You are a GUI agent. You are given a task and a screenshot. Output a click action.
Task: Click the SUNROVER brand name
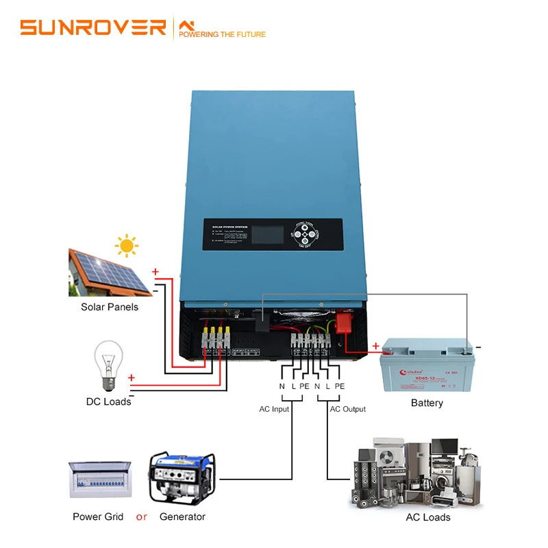click(93, 27)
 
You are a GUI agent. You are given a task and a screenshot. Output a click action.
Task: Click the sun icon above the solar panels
click(126, 245)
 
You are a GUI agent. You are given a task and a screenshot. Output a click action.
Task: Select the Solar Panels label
click(110, 307)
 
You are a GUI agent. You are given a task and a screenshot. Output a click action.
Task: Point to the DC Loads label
click(108, 401)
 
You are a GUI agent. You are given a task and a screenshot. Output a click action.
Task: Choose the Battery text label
click(427, 403)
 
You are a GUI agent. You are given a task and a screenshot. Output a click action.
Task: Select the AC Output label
click(348, 409)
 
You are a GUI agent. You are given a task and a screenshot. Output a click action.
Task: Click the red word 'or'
click(141, 516)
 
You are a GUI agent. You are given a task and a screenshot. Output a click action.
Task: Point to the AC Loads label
click(427, 517)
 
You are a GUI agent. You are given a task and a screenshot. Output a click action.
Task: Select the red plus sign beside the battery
click(375, 346)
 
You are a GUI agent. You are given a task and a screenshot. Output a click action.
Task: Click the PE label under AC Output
click(340, 386)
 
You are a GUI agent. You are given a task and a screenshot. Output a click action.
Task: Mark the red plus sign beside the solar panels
click(155, 272)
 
